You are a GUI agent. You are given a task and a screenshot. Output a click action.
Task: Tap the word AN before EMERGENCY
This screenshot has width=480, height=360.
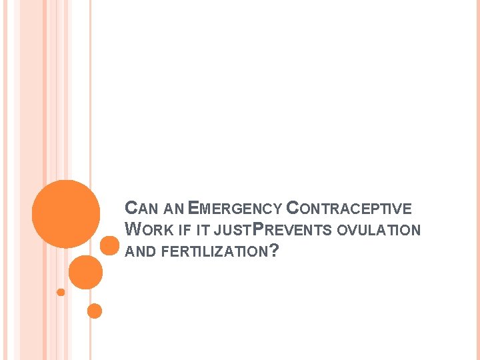(173, 209)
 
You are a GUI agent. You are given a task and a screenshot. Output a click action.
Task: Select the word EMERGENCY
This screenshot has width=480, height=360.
(235, 209)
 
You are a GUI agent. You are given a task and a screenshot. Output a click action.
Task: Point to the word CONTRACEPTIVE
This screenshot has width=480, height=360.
(349, 209)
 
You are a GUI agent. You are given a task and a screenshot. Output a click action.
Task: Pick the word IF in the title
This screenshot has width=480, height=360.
(185, 231)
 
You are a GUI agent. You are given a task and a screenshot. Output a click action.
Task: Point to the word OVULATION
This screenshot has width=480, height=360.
(380, 231)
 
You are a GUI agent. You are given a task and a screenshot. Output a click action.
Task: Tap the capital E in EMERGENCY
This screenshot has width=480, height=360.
(193, 208)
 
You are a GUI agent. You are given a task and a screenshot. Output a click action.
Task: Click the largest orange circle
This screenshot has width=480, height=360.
(66, 213)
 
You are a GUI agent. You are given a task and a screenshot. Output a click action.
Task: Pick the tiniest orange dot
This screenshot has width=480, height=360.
(61, 292)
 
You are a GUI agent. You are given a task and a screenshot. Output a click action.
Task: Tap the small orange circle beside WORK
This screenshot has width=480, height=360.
(109, 245)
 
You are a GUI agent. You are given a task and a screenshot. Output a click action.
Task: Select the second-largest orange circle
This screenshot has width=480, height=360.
(85, 273)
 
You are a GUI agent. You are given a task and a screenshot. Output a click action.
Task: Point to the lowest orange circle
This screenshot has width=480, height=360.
(95, 311)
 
